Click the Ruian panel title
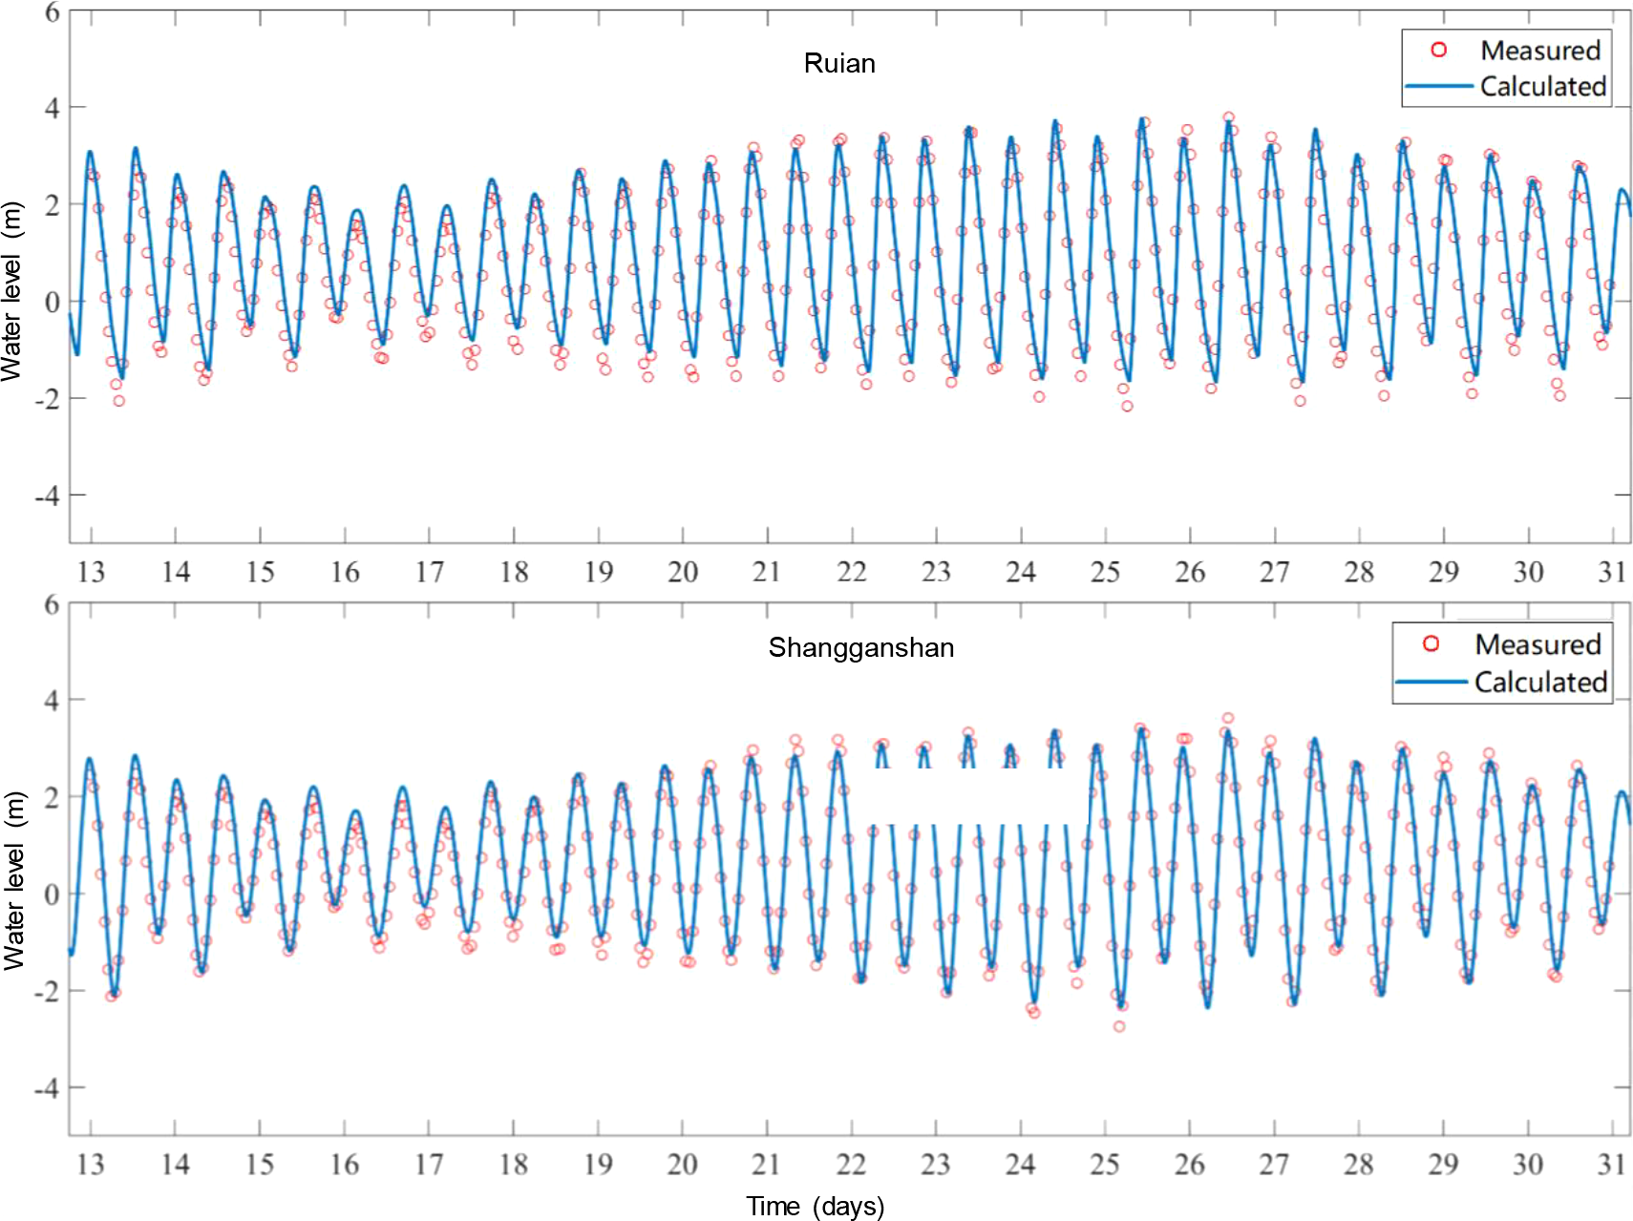pos(838,63)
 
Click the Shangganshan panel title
pos(860,647)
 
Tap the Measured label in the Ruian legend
pos(1539,50)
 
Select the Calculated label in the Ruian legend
pos(1542,86)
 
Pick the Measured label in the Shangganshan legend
pos(1537,644)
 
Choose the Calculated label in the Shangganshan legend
pos(1539,682)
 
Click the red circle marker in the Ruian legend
pos(1438,50)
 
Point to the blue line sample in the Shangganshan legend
pos(1431,682)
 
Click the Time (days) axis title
pos(815,1206)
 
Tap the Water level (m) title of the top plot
pos(11,291)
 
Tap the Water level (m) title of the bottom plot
pos(13,880)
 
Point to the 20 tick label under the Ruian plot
pos(682,572)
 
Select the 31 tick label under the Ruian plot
pos(1612,572)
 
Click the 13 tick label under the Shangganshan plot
pos(91,1164)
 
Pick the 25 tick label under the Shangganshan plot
pos(1104,1164)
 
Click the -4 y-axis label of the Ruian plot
pos(46,495)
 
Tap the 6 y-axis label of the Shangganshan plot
pos(52,604)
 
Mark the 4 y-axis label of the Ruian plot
pos(52,108)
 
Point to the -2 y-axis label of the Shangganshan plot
pos(46,991)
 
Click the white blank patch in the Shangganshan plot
pos(978,796)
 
